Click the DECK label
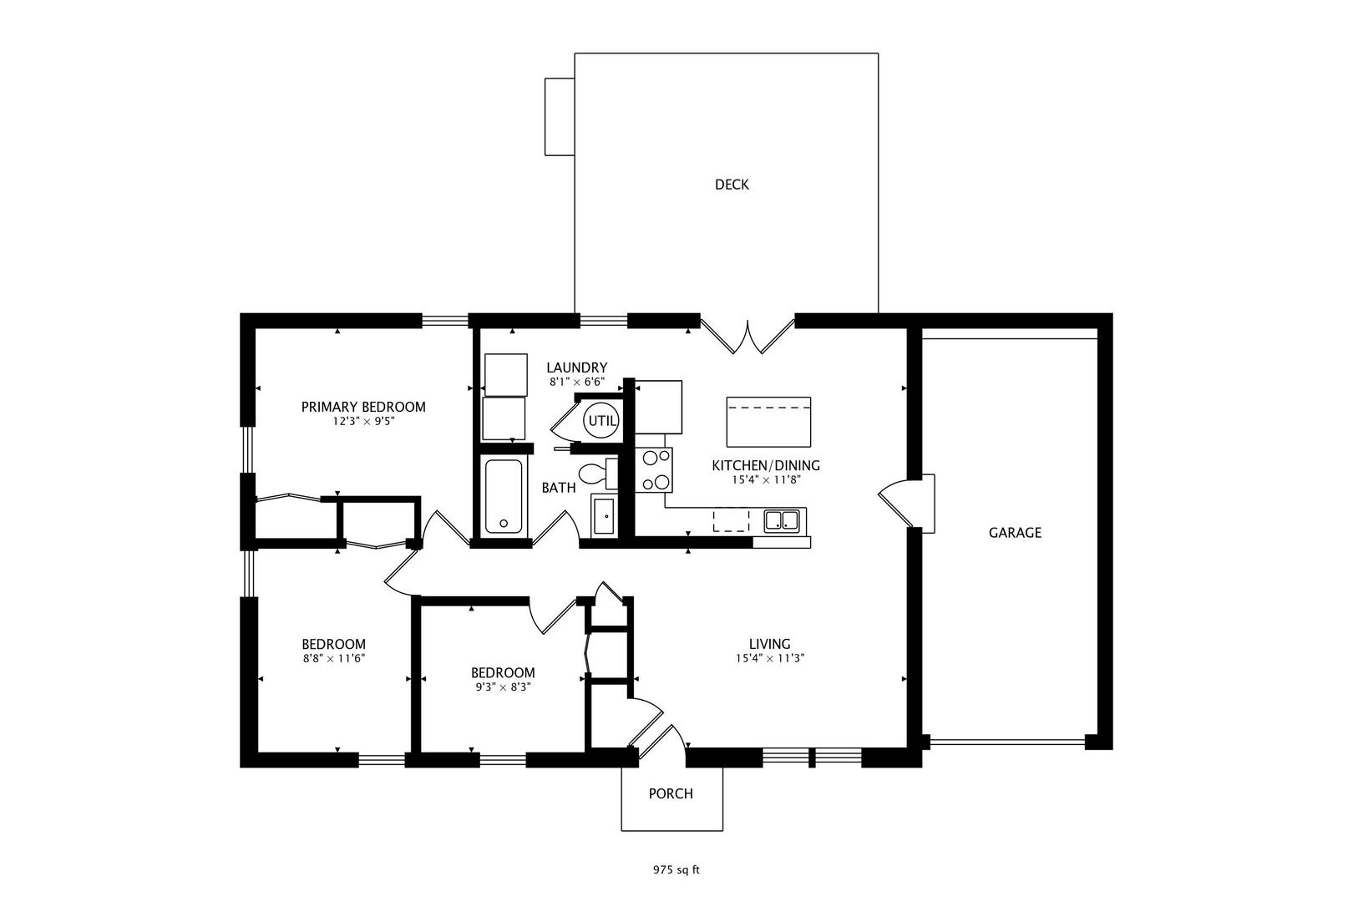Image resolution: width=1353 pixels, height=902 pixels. [732, 185]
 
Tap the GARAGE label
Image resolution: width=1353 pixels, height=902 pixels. [1015, 532]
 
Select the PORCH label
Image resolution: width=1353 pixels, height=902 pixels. [671, 793]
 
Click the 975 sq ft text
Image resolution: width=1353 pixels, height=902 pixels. [676, 870]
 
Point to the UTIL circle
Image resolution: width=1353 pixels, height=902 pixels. [601, 420]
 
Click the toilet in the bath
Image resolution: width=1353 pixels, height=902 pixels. [598, 473]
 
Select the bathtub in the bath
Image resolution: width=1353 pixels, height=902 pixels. [503, 497]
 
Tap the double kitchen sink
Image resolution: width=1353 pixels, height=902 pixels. [782, 521]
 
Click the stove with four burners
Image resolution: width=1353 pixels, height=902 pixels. [654, 470]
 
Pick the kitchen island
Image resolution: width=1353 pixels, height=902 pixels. [768, 422]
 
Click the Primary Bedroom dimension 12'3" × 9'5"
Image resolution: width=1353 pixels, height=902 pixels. [363, 421]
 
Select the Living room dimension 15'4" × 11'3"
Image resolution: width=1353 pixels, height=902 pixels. [769, 658]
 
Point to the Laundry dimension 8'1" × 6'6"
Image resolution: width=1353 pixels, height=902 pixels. [577, 382]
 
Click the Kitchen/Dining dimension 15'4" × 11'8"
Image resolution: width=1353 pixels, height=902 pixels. [766, 480]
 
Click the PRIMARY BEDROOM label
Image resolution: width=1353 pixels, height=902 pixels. [363, 407]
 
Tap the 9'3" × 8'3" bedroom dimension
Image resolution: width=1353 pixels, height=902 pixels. [503, 687]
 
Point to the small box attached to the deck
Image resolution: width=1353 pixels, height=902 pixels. [560, 117]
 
